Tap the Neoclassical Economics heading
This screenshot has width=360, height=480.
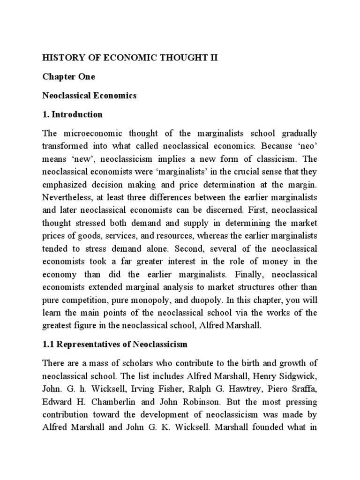pyautogui.click(x=89, y=95)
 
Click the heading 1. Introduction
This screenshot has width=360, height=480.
pyautogui.click(x=72, y=114)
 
